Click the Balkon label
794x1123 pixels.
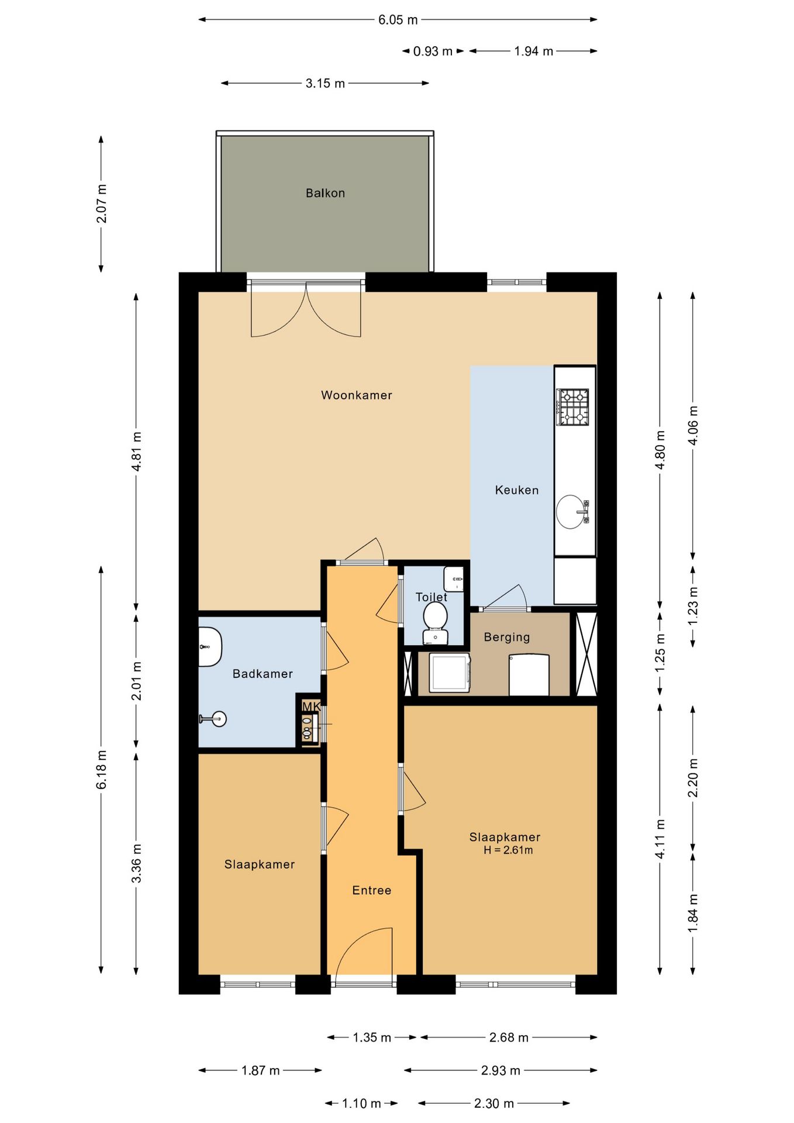pyautogui.click(x=325, y=193)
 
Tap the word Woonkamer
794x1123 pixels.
pyautogui.click(x=357, y=395)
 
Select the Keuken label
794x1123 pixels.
pyautogui.click(x=517, y=490)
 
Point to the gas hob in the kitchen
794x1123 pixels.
pyautogui.click(x=572, y=407)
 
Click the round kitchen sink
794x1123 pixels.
pyautogui.click(x=570, y=512)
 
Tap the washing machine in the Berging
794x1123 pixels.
pyautogui.click(x=450, y=673)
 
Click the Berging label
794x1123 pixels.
pyautogui.click(x=507, y=637)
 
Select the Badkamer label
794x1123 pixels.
pyautogui.click(x=263, y=674)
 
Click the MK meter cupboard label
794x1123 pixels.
pyautogui.click(x=311, y=707)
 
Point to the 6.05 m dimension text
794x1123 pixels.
pyautogui.click(x=398, y=20)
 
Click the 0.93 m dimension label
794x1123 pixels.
pyautogui.click(x=433, y=51)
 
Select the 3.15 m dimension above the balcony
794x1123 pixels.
pyautogui.click(x=325, y=84)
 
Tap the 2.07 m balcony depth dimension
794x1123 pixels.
pyautogui.click(x=102, y=204)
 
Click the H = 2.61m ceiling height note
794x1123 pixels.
pyautogui.click(x=508, y=850)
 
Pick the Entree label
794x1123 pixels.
pyautogui.click(x=372, y=890)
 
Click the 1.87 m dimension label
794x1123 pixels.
pyautogui.click(x=261, y=1070)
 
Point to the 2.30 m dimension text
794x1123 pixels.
pyautogui.click(x=494, y=1103)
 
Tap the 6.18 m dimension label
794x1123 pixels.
pyautogui.click(x=102, y=769)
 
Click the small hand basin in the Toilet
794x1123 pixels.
pyautogui.click(x=454, y=578)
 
